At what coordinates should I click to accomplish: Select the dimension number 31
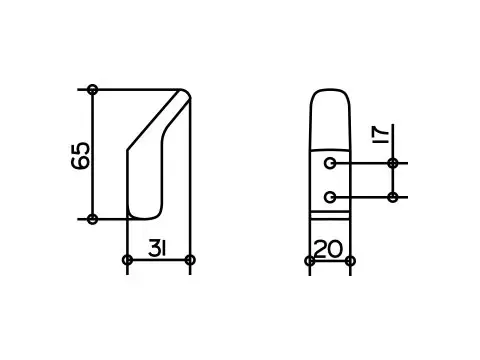[157, 247]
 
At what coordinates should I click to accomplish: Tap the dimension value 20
[329, 249]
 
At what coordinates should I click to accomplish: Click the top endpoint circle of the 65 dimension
[93, 89]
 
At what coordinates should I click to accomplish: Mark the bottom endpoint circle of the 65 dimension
[93, 218]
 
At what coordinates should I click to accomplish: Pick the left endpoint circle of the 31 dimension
[127, 260]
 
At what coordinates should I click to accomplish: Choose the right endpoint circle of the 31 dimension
[190, 260]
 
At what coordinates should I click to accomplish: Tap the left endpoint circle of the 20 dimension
[309, 260]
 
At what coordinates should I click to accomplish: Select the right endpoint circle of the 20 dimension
[349, 260]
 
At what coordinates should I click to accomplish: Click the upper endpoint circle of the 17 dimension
[393, 163]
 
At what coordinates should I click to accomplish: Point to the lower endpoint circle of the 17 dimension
[393, 197]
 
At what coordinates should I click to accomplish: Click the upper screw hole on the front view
[330, 163]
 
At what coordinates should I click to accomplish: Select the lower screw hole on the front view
[330, 196]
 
